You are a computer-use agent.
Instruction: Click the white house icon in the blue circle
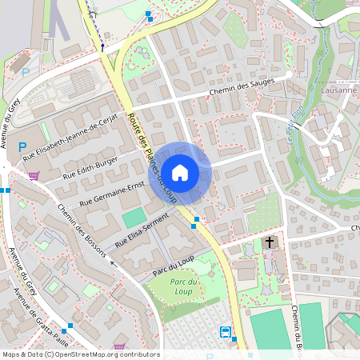tap(181, 172)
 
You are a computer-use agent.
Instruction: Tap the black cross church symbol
tap(270, 242)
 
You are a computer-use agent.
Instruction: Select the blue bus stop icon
tap(226, 332)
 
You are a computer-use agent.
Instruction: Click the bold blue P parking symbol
tap(23, 147)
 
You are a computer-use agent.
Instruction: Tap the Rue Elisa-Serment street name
tap(142, 228)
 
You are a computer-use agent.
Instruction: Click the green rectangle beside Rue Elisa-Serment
tap(134, 217)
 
